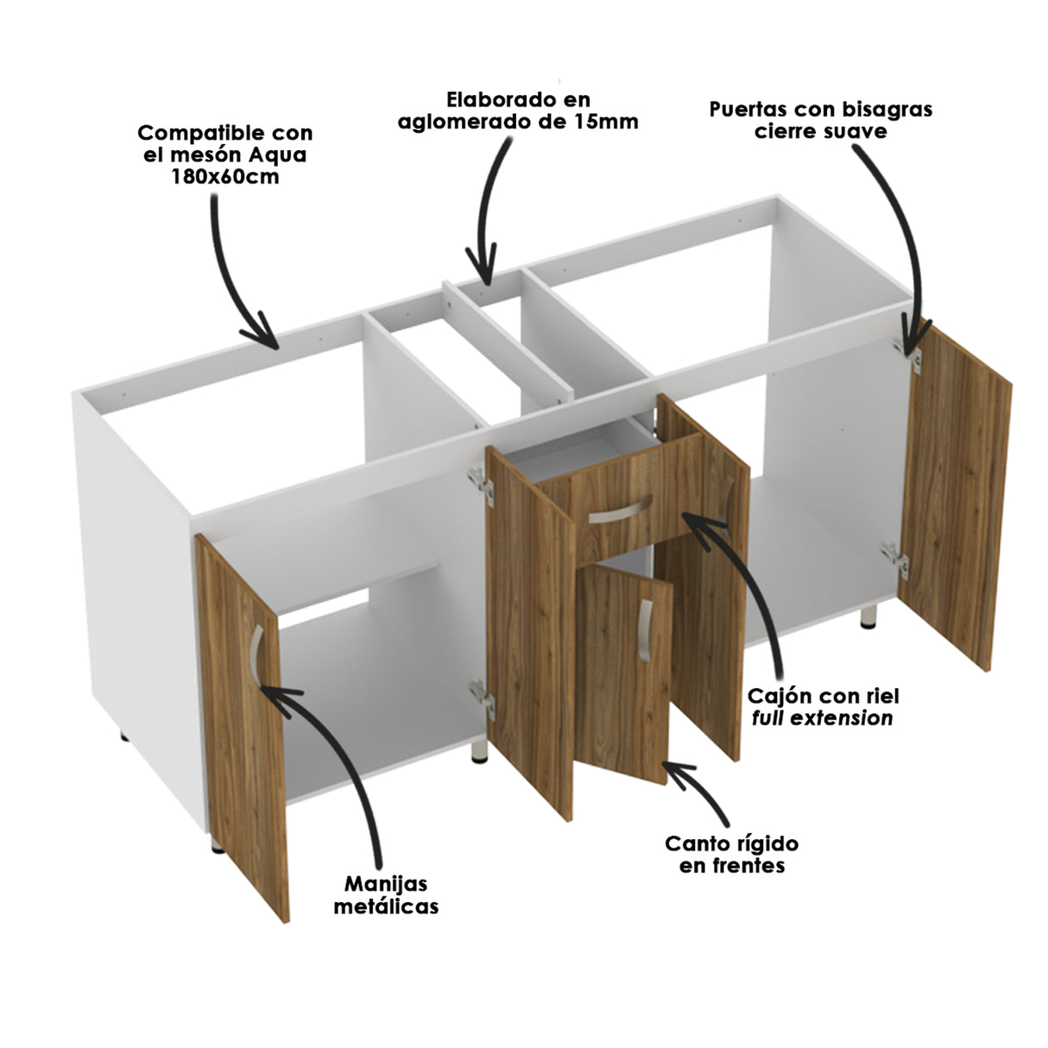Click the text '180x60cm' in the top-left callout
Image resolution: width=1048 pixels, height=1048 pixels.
click(x=224, y=177)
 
